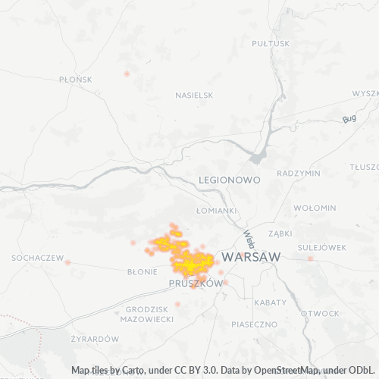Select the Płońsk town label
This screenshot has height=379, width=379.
[75, 79]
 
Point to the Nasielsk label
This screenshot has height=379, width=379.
[194, 96]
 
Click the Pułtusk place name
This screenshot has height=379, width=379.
[271, 43]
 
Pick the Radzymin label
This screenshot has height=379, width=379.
[299, 173]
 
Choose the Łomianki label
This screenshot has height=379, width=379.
[216, 210]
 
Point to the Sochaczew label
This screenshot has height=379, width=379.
[37, 258]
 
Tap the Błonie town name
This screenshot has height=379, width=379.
[142, 270]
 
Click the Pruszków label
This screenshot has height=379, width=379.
[196, 283]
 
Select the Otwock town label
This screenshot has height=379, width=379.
[320, 313]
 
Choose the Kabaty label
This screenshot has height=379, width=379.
[271, 302]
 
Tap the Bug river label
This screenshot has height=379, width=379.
[349, 119]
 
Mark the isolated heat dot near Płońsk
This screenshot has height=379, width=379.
[127, 74]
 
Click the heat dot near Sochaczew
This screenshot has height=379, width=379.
[67, 262]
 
